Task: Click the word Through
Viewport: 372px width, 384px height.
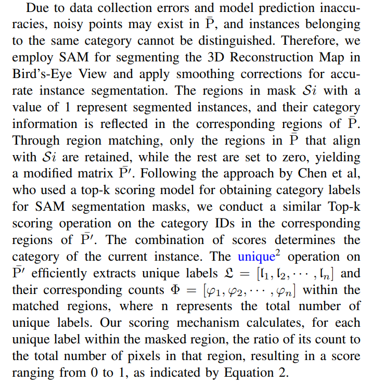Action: pyautogui.click(x=34, y=141)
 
